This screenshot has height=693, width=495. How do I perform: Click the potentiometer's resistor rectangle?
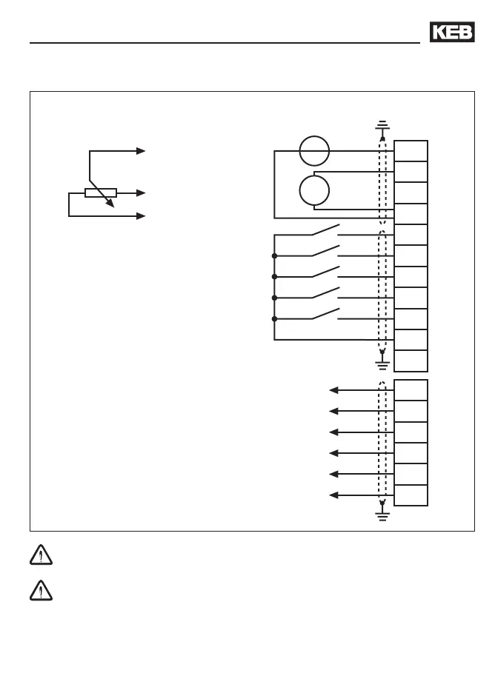(x=100, y=193)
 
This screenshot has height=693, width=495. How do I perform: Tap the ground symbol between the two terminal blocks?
(x=382, y=363)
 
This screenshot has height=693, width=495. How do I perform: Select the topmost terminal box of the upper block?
(x=411, y=150)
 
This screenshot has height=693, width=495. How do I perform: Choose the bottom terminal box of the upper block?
(x=411, y=361)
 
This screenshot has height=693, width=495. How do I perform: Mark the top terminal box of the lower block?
(x=411, y=389)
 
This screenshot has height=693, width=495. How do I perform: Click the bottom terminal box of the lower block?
(x=411, y=495)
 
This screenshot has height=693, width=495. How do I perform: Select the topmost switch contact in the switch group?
(x=325, y=230)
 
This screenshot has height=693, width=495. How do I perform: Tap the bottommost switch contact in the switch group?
(x=325, y=314)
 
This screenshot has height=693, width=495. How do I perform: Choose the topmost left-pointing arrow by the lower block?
(x=334, y=389)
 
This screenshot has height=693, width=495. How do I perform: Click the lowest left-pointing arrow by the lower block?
(x=334, y=495)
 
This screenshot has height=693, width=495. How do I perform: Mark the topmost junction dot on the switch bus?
(x=274, y=255)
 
